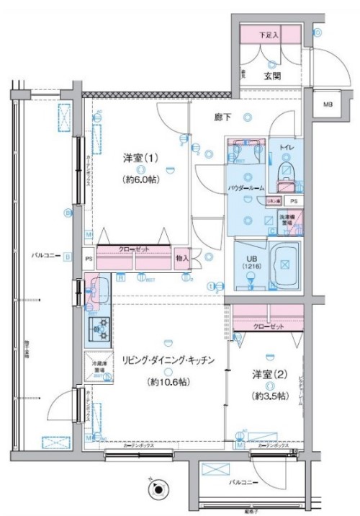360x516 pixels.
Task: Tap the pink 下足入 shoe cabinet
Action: click(x=270, y=34)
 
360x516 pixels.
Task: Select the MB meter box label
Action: click(x=328, y=105)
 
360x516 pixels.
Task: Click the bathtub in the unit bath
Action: click(x=285, y=263)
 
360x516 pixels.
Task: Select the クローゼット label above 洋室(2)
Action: click(x=268, y=326)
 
